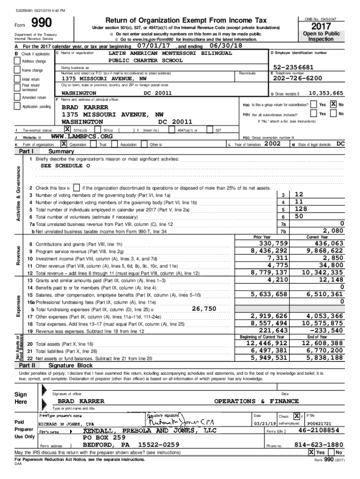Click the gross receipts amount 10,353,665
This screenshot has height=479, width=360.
click(325, 93)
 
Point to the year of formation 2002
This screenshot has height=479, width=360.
click(273, 144)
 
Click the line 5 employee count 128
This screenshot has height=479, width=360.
click(302, 209)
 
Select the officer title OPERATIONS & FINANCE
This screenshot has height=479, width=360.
click(256, 401)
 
